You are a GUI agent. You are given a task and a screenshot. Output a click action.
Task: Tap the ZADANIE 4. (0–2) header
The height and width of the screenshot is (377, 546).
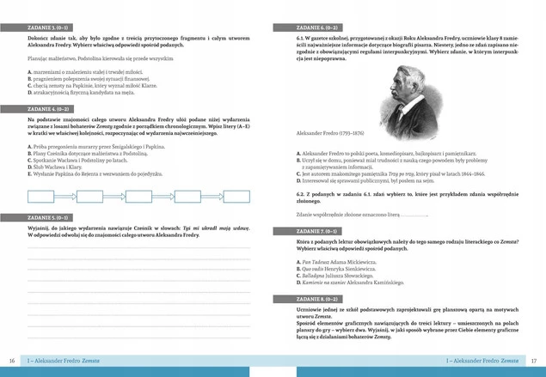click(50, 110)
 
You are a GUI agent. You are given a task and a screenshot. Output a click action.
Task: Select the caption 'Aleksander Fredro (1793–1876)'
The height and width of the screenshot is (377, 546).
click(329, 133)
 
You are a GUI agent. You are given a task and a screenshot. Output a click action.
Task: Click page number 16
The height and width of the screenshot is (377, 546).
click(11, 361)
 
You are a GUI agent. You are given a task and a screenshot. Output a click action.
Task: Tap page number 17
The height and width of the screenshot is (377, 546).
click(534, 361)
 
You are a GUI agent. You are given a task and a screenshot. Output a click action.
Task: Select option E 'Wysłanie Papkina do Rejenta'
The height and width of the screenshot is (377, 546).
click(95, 173)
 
